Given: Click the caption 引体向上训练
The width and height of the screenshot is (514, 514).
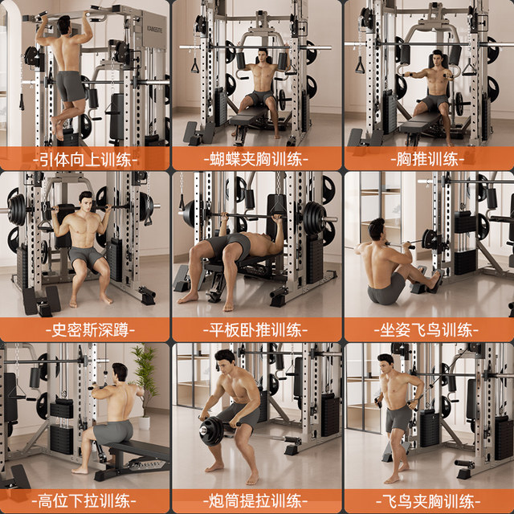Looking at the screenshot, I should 85,158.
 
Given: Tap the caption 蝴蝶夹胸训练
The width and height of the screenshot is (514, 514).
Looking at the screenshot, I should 257,158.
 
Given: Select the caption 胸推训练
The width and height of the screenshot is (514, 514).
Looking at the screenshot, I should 429,158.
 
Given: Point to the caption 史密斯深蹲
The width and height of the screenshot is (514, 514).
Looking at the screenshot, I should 85,329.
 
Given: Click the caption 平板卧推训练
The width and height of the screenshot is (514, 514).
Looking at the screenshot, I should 257,329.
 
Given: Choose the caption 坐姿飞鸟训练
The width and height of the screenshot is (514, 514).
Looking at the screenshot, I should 429,329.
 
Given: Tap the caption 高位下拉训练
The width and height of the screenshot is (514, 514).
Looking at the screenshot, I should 85,501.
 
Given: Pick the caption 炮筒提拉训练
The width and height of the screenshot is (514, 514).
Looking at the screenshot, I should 257,501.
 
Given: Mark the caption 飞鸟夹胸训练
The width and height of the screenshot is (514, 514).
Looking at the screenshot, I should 429,501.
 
